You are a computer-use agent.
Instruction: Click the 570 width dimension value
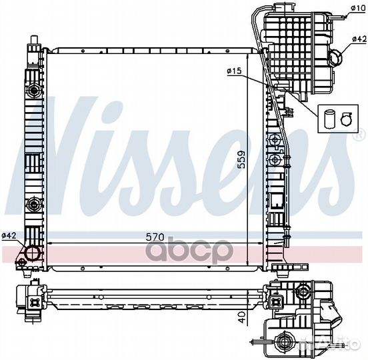point(155,237)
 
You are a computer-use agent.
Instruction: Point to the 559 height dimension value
point(241,159)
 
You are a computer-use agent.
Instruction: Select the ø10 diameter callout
point(359,8)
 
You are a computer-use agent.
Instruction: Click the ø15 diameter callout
point(234,71)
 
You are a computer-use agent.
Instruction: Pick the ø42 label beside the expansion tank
point(359,39)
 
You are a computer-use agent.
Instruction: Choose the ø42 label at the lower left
point(9,235)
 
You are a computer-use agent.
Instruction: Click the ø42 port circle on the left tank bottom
point(33,253)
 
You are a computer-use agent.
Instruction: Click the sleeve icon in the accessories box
point(328,119)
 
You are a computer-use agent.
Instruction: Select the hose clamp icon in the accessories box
point(346,119)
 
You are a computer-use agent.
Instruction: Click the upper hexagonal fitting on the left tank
point(34,90)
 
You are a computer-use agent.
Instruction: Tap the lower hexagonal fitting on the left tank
point(34,205)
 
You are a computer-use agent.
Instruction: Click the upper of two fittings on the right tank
point(275,140)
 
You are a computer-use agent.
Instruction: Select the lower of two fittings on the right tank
point(275,160)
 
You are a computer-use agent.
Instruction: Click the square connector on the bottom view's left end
point(34,302)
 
